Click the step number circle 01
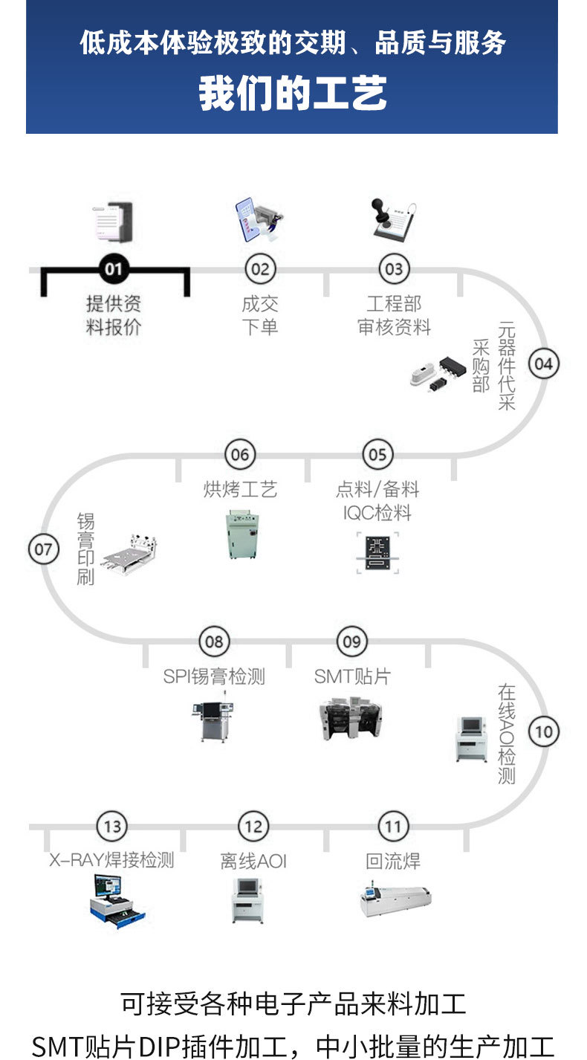(x=113, y=268)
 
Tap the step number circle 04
(x=544, y=363)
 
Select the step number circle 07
(x=43, y=550)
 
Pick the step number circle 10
(x=544, y=731)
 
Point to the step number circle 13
(x=112, y=827)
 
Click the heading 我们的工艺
(x=293, y=95)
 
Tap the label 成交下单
(x=259, y=315)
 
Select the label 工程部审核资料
(x=394, y=315)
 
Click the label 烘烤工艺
(x=239, y=489)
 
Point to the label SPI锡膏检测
(x=214, y=676)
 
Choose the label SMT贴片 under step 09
(x=351, y=676)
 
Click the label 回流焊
(x=393, y=861)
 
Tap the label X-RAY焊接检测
(x=112, y=861)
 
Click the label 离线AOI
(x=253, y=861)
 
